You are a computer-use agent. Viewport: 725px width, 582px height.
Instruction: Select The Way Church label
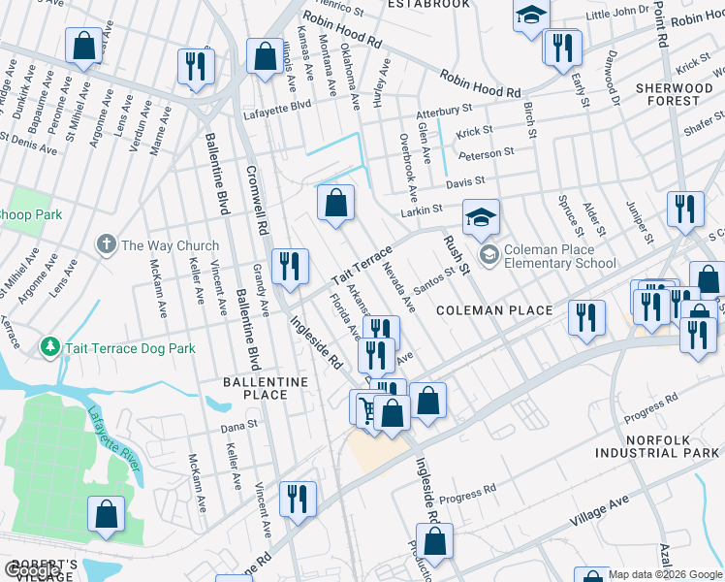pyautogui.click(x=170, y=245)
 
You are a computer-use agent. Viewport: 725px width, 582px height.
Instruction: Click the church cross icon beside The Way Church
pyautogui.click(x=107, y=243)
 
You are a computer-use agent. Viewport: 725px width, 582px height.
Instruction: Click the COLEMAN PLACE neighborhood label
pyautogui.click(x=493, y=310)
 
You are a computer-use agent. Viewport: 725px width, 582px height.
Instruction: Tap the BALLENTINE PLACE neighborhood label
pyautogui.click(x=266, y=388)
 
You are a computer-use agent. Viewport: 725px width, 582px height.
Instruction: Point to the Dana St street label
pyautogui.click(x=239, y=425)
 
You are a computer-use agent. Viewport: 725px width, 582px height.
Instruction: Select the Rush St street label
pyautogui.click(x=456, y=253)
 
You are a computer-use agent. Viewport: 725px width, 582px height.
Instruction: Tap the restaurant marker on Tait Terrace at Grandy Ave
pyautogui.click(x=290, y=266)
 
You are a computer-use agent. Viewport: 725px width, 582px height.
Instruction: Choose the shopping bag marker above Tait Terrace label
pyautogui.click(x=335, y=204)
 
